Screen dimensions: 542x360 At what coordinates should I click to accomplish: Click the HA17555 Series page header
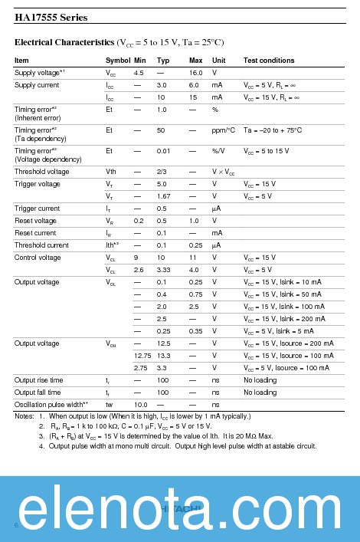coord(51,17)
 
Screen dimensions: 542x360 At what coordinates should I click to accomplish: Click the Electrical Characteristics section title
coord(119,41)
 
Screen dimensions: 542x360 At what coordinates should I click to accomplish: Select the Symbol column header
coord(118,61)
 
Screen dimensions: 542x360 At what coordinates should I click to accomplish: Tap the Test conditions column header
coord(269,61)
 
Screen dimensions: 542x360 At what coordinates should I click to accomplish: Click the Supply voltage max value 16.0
coord(196,72)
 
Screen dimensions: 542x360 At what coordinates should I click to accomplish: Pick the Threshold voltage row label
coord(42,172)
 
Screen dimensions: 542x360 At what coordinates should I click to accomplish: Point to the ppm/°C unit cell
coord(224,130)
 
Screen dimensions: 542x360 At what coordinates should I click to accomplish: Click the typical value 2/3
coord(162,172)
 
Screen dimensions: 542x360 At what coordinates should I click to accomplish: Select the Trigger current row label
coord(38,209)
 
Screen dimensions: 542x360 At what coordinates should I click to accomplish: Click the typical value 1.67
coord(164,196)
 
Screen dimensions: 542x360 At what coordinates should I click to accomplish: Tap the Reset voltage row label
coord(35,221)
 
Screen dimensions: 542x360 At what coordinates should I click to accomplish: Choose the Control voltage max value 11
coord(193,258)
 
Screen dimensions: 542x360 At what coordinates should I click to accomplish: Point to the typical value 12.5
coord(164,343)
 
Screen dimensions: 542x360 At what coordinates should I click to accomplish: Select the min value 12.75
coord(142,356)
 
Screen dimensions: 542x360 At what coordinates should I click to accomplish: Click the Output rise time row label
coord(39,380)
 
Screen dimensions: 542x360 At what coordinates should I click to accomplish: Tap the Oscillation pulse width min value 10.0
coord(141,405)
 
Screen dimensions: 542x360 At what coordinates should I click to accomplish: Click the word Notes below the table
coord(24,416)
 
